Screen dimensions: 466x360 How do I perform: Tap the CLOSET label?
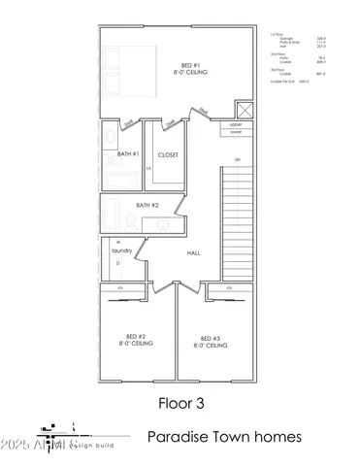click(x=168, y=154)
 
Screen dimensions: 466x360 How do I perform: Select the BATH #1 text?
click(x=128, y=154)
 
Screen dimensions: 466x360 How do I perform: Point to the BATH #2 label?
click(x=147, y=205)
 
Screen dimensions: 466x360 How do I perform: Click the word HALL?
click(x=193, y=252)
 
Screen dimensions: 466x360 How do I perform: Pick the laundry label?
click(x=120, y=250)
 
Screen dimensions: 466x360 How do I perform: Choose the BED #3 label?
click(x=211, y=339)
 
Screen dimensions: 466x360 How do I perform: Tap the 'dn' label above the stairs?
click(x=236, y=158)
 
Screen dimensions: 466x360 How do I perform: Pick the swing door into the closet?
click(x=170, y=123)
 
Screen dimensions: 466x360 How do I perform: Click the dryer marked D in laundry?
click(x=118, y=262)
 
